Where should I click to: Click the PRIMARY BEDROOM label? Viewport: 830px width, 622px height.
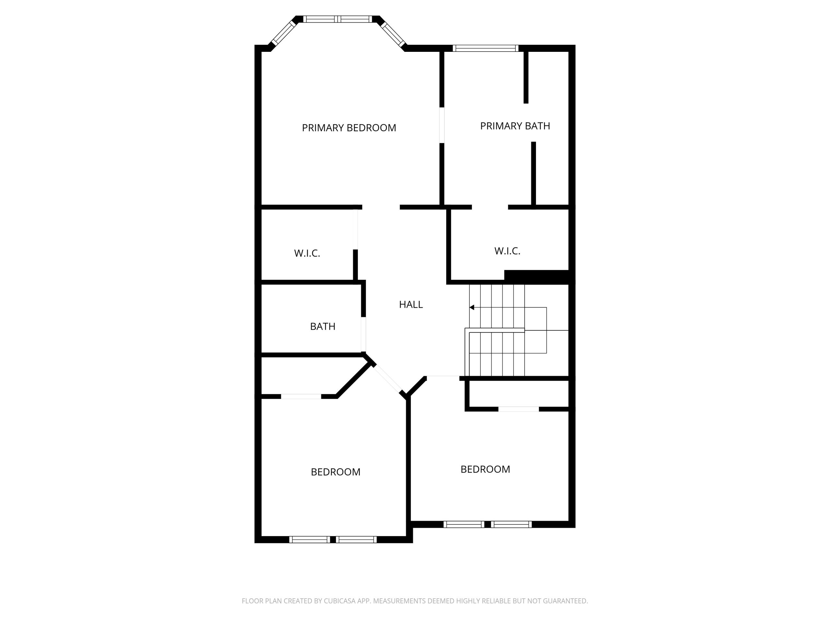pos(349,128)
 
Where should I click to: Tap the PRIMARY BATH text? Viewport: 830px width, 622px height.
pos(515,126)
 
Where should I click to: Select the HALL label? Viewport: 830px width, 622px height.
pos(411,305)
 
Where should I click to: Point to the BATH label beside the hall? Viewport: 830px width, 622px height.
pos(323,327)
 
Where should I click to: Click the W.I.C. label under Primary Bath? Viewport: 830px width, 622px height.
pos(507,251)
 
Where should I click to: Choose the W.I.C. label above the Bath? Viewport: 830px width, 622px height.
pos(307,253)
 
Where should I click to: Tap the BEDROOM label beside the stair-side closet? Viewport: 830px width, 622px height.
pos(485,469)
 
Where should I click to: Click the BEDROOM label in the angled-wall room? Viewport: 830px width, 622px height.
pos(336,472)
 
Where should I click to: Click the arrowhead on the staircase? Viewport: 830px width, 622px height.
pos(472,307)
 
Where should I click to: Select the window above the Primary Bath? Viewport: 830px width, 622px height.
pos(486,48)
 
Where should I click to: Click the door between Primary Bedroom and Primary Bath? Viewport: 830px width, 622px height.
pos(442,125)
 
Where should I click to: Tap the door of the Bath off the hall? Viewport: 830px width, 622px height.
pos(363,334)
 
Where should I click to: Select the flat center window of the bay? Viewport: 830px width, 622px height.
pos(338,19)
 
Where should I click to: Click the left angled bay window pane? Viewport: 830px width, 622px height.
pos(284,33)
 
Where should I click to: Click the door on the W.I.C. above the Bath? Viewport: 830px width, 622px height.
pos(355,229)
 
